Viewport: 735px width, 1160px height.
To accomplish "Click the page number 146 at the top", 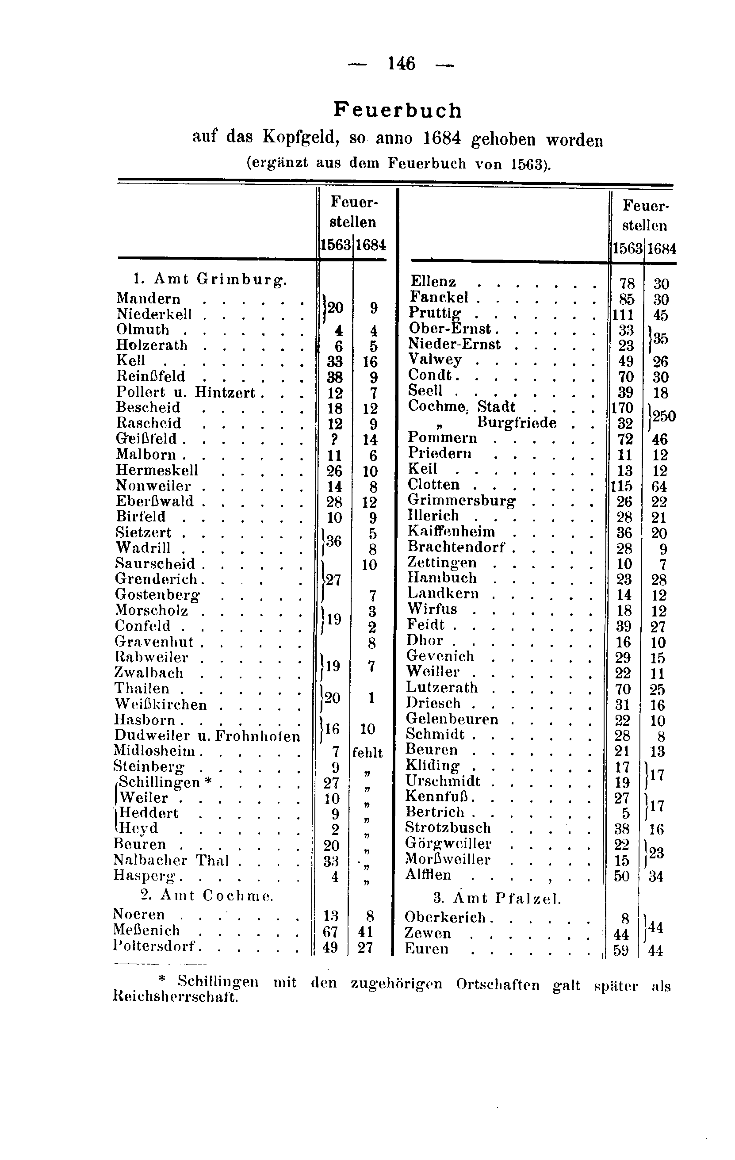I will pos(401,64).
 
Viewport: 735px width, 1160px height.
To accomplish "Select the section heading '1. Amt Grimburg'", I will pos(210,279).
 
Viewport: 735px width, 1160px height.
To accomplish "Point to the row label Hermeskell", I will pos(157,470).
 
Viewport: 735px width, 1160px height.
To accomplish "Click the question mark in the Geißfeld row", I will pos(335,439).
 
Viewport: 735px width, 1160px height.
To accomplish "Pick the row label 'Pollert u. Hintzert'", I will pos(185,393).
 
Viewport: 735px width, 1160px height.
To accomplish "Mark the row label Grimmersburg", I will pos(461,501).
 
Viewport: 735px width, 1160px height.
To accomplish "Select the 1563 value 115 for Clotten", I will pos(621,486).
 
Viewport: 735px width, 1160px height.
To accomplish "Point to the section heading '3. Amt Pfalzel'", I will pos(497,898).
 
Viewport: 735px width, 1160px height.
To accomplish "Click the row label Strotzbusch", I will pos(448,827).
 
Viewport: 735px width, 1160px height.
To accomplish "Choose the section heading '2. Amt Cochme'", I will pos(207,896).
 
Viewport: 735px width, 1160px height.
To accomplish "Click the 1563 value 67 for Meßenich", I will pos(330,932).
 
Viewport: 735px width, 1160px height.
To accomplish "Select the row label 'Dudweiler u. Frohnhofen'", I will pos(207,735).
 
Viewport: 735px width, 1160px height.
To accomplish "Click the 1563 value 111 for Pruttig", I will pos(622,315).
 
